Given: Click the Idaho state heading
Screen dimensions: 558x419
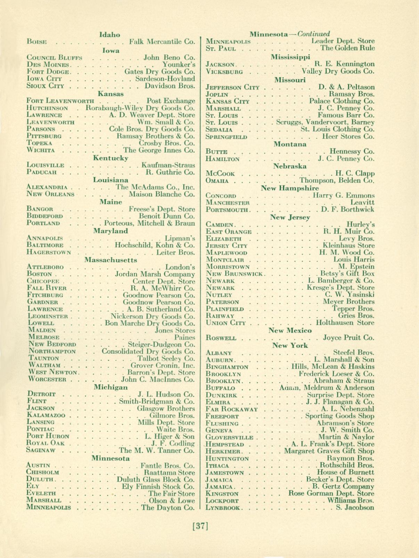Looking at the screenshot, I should click(110, 34).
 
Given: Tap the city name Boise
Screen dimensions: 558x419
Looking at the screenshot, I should click(36, 42).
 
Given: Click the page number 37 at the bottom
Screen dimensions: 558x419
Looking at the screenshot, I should click(200, 526).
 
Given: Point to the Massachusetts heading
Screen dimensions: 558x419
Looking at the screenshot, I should click(111, 260).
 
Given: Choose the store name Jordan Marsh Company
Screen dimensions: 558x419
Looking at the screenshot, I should click(155, 274).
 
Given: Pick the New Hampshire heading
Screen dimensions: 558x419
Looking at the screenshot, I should click(290, 188).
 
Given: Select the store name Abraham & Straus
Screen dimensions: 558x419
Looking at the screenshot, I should click(344, 380).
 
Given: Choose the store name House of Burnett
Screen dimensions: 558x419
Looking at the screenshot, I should click(345, 472).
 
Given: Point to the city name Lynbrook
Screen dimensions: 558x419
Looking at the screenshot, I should click(222, 508).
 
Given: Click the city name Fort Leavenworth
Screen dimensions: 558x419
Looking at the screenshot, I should click(59, 101).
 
